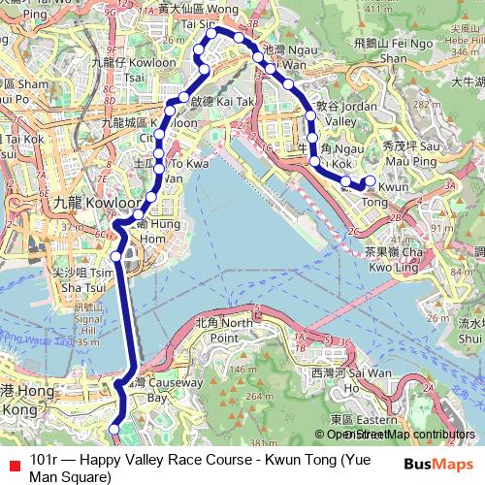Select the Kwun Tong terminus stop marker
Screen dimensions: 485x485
[x=370, y=180]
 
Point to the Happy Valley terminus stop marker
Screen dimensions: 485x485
[x=114, y=427]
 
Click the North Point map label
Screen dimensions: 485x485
[x=216, y=330]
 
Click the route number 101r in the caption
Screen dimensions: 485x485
[x=44, y=459]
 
